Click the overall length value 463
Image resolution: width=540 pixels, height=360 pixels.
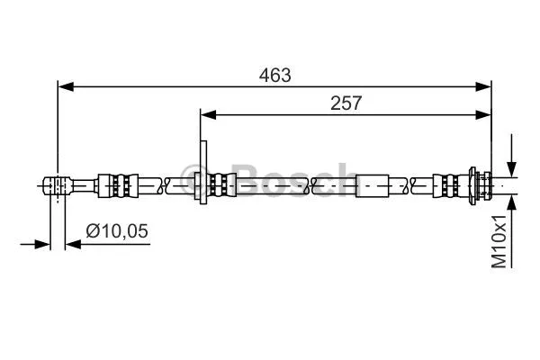[275, 76]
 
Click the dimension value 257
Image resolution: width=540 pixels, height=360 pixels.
[346, 103]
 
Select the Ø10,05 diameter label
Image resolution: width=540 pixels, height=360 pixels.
[117, 231]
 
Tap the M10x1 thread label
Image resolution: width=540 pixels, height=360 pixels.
[499, 241]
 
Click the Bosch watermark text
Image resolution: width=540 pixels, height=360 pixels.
[270, 180]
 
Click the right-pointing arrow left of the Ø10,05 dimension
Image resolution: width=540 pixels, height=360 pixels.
[42, 243]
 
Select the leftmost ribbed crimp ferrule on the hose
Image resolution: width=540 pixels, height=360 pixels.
[121, 185]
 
